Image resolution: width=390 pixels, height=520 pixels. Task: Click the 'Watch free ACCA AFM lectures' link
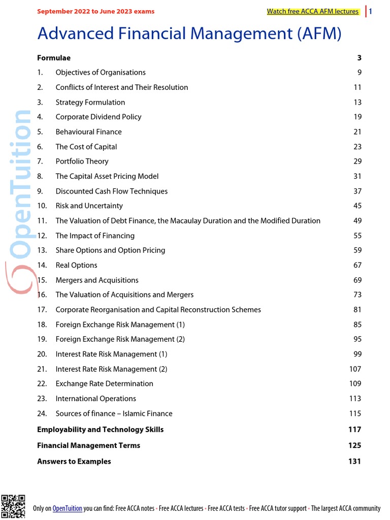tap(312, 12)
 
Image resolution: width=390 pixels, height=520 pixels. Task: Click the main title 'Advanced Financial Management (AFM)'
tap(189, 34)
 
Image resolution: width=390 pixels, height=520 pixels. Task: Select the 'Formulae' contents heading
tap(54, 58)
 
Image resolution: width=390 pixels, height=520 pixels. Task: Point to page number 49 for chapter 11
tap(357, 221)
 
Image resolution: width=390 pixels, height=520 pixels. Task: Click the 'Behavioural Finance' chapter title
tap(88, 132)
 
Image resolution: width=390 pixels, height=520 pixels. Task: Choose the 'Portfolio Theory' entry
tap(82, 161)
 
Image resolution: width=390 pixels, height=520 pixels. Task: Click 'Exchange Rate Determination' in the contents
tap(104, 384)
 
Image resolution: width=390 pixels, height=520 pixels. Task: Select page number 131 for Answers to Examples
tap(354, 462)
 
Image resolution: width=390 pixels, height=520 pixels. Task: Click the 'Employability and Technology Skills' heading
tap(100, 430)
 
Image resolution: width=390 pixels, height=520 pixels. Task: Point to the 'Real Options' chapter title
tap(76, 265)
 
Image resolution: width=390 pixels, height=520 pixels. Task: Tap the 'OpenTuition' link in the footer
tap(68, 508)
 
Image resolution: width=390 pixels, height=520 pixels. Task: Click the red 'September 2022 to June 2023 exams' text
tap(95, 11)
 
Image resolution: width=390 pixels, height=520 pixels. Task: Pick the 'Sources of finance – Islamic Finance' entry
tap(114, 414)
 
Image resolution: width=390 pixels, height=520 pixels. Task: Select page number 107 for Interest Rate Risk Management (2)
tap(355, 369)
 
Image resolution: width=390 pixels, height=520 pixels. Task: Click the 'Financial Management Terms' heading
tap(88, 445)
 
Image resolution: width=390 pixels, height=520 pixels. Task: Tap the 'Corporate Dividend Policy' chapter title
tap(98, 117)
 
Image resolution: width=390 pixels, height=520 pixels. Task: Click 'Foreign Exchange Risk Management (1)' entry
tap(120, 324)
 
